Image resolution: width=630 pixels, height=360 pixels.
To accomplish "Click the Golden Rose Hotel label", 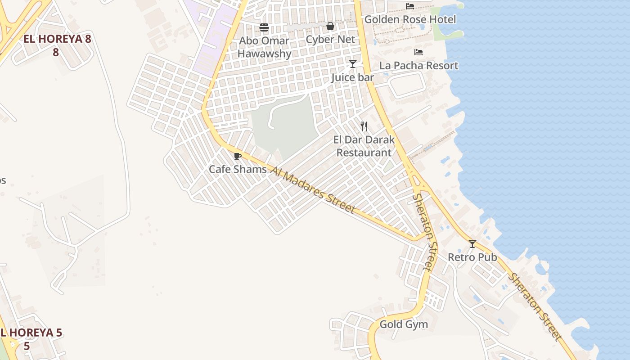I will pos(410,19).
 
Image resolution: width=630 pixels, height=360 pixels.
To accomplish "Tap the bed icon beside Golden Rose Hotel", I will pos(410,6).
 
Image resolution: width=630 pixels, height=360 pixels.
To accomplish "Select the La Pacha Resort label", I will pos(418,66).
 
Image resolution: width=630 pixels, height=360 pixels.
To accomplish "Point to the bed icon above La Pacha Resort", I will pos(418,52).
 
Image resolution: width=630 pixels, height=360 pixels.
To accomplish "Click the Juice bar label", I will pos(353,77).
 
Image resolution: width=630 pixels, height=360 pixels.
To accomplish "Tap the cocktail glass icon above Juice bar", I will pos(353,64).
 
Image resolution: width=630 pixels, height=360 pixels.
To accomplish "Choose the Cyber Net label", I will pos(330,40).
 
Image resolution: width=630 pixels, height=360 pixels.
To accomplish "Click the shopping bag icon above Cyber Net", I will pos(330,27).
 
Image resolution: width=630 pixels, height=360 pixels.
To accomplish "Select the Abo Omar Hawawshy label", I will pos(264,47).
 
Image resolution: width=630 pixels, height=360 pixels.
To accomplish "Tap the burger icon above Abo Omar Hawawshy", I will pos(264,28).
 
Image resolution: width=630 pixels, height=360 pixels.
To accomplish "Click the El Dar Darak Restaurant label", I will pos(364,146).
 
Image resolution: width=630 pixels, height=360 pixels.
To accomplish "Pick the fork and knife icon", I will pos(364,126).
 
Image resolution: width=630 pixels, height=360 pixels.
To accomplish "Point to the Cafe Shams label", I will pos(238,170).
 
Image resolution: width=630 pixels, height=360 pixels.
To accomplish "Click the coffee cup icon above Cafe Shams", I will pos(238,157).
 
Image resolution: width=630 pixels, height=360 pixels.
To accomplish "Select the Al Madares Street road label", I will pos(313,189).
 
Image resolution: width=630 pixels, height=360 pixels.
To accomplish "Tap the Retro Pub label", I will pos(472,257).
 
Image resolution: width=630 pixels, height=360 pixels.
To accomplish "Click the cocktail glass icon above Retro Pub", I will pos(472,244).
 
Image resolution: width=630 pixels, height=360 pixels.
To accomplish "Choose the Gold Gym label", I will pos(404,324).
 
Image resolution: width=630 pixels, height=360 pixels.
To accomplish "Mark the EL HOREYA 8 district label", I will pos(57,45).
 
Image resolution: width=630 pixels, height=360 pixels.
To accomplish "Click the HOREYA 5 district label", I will pos(31,339).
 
